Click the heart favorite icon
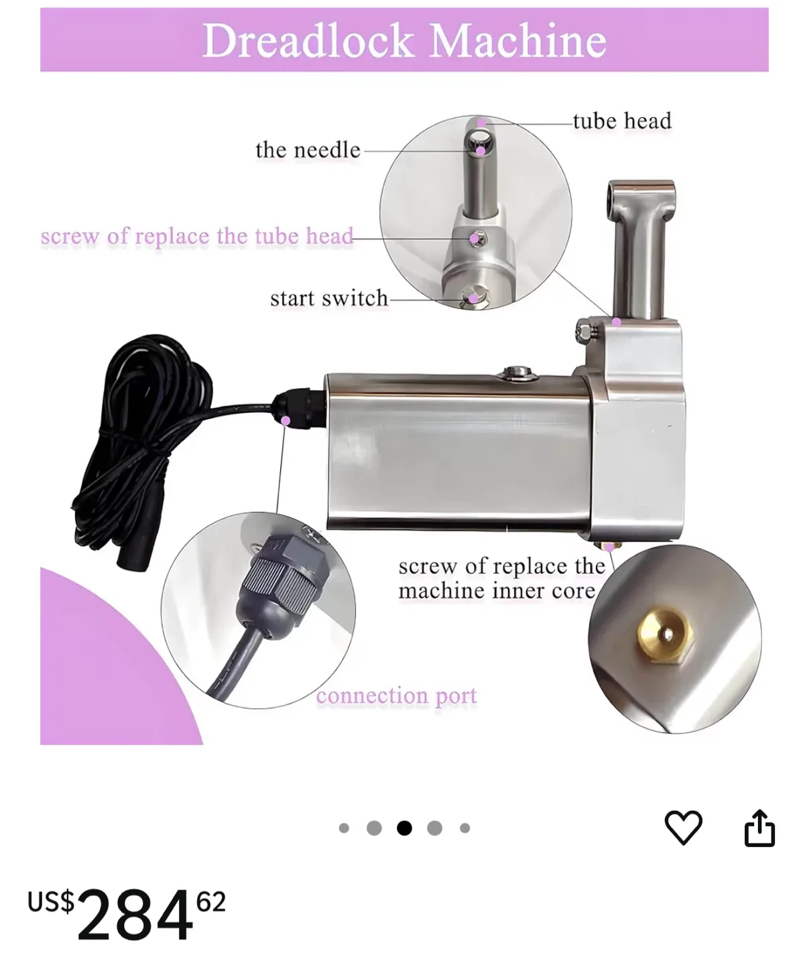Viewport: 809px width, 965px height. click(683, 828)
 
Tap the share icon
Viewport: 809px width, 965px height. click(759, 828)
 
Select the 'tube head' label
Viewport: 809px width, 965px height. click(621, 121)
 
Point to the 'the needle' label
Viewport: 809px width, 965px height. click(308, 149)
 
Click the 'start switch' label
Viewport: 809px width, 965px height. click(328, 298)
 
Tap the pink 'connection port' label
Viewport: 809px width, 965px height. click(396, 696)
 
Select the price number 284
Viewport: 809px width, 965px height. click(135, 915)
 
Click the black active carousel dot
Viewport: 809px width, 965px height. click(404, 828)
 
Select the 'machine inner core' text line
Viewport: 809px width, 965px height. click(496, 591)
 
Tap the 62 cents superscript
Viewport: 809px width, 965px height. click(211, 902)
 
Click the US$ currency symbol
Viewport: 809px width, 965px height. click(51, 901)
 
